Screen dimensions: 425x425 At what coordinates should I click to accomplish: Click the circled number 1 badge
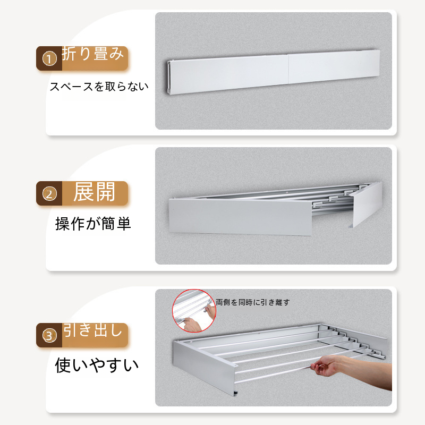point(49,59)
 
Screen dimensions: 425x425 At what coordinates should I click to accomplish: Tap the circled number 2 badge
point(49,194)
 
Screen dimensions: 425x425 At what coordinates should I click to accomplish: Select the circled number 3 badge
point(49,336)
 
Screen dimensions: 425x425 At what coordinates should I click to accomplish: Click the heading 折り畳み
point(92,54)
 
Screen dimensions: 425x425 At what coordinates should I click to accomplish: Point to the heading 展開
point(95,192)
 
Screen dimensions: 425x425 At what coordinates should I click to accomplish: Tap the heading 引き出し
point(92,330)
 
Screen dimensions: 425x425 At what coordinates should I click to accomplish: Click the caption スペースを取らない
point(99,87)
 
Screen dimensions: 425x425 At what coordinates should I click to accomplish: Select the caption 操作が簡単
point(93,224)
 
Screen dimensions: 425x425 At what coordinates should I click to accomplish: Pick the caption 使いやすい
point(97,365)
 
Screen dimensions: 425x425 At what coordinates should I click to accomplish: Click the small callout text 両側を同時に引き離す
point(253,302)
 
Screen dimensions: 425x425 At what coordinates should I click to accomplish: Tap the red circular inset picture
point(194,311)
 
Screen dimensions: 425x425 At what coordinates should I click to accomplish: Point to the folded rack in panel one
point(273,72)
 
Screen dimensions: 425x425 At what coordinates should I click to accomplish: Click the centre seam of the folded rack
point(288,70)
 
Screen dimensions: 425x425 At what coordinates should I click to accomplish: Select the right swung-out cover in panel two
point(367,205)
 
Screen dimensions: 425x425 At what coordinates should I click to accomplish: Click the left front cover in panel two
point(241,217)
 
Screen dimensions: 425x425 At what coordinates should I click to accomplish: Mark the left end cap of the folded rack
point(168,78)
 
